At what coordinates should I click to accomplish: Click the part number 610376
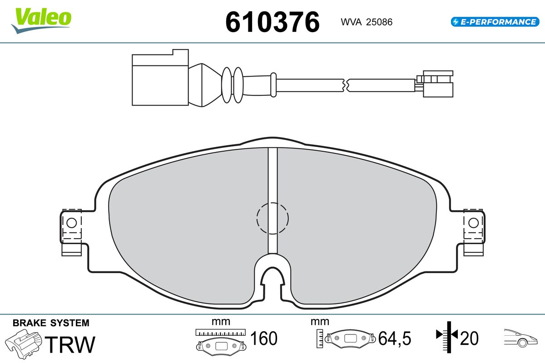(272, 22)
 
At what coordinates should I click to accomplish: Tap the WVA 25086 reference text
(367, 22)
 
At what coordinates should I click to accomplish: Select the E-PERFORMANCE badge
(495, 22)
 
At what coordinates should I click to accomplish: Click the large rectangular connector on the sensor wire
(160, 78)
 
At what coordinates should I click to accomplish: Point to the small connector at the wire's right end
(435, 84)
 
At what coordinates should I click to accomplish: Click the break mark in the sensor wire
(346, 85)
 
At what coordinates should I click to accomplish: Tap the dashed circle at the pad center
(272, 218)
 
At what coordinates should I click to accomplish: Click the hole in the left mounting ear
(72, 223)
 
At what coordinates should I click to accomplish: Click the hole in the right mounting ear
(473, 223)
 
